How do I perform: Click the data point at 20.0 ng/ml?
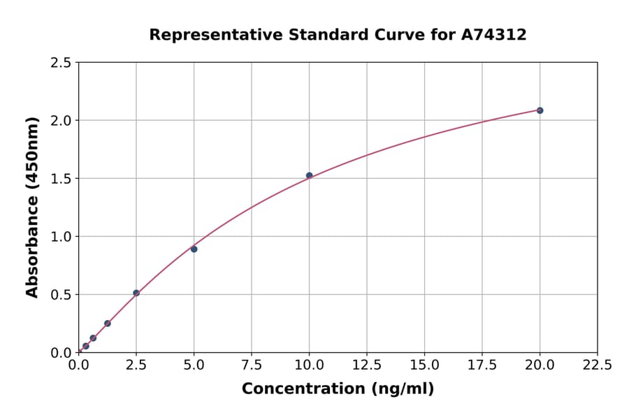540,110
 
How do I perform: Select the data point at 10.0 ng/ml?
309,175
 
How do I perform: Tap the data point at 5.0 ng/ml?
194,249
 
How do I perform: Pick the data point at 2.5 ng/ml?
136,293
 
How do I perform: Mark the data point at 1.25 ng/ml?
108,323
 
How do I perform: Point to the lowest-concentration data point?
86,346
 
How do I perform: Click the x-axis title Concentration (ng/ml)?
338,388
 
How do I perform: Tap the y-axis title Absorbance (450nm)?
32,207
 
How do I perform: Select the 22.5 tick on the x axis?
597,365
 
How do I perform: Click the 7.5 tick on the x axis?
252,365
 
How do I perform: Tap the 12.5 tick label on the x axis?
366,365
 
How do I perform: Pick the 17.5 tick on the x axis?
482,365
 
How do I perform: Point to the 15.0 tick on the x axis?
424,365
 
